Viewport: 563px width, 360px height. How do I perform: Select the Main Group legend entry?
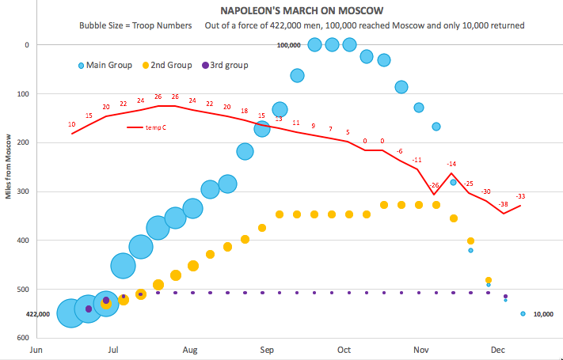coord(110,65)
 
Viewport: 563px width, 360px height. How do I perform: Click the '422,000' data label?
coord(38,314)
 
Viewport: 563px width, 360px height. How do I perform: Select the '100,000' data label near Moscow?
coord(289,45)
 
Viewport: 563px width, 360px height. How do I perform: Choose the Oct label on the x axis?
coord(344,348)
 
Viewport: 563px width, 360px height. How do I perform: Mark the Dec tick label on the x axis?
coord(498,348)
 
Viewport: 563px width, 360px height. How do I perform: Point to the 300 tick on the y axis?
coord(21,191)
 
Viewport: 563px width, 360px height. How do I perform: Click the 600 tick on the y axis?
coord(21,338)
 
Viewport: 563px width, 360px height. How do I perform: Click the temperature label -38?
coord(504,204)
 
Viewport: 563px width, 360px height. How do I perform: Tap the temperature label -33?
coord(520,196)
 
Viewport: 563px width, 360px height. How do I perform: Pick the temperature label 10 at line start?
coord(72,124)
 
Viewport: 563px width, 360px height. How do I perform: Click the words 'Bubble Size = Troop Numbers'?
coord(135,25)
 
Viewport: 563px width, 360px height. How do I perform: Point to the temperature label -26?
coord(434,185)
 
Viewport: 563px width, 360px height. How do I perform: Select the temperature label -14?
coord(451,164)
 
